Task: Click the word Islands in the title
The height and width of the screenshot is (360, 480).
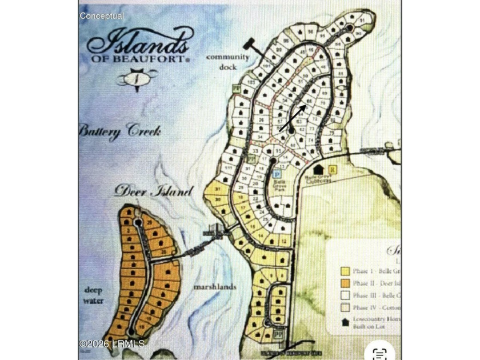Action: point(138,45)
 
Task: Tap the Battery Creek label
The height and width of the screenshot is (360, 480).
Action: point(119,131)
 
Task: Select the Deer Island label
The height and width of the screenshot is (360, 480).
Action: point(153,191)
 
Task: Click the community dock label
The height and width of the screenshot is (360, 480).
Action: point(227,61)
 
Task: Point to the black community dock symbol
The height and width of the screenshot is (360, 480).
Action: point(250,44)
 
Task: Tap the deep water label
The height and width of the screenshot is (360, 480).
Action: point(94,294)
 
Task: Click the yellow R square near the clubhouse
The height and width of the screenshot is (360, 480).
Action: point(332,169)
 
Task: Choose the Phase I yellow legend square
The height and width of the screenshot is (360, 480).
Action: point(345,270)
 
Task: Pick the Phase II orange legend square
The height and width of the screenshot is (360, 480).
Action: point(345,283)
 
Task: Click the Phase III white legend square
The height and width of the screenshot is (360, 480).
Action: point(345,295)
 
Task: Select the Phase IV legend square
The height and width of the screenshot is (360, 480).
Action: point(345,308)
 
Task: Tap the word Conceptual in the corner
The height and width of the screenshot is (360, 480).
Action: point(101,16)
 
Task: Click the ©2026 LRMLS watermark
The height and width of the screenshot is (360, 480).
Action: point(112,343)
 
